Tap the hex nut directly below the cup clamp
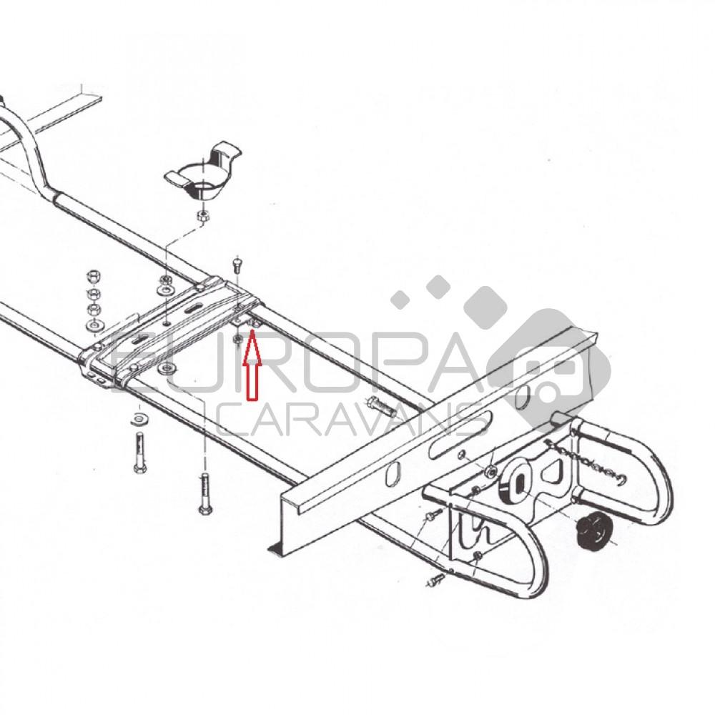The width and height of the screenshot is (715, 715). point(202,214)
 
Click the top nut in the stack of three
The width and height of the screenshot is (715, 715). point(92,276)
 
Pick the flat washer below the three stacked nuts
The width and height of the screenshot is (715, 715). point(93,326)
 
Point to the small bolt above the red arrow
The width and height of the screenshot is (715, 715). point(238,264)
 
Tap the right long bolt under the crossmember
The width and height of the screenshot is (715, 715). point(204,493)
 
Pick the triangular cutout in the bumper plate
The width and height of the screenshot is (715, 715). point(555,473)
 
